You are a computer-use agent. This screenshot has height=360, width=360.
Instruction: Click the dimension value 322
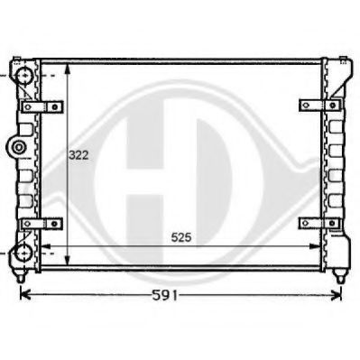pyautogui.click(x=78, y=155)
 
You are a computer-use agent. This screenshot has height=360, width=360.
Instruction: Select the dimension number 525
pyautogui.click(x=182, y=238)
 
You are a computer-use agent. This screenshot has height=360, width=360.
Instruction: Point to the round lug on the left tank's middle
pyautogui.click(x=15, y=146)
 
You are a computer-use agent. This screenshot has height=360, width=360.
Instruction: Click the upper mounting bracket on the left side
pyautogui.click(x=42, y=106)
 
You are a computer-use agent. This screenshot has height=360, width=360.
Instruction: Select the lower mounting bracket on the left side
pyautogui.click(x=42, y=222)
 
